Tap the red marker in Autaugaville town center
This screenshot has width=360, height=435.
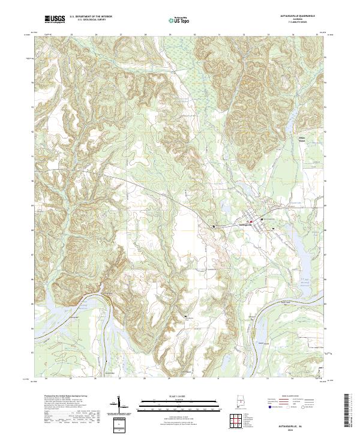pos(251,221)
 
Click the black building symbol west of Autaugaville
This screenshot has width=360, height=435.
pos(214,226)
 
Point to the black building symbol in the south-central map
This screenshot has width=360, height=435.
pos(185,316)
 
